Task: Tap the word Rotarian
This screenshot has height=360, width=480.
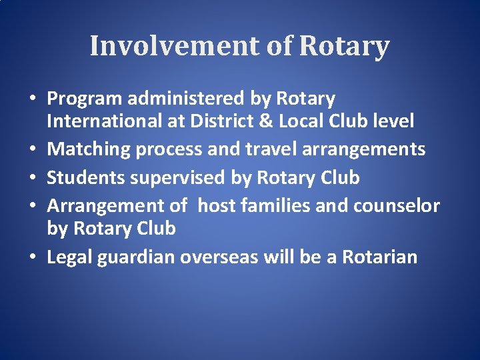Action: pos(379,257)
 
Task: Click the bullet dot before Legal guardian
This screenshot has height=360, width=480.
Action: pos(33,257)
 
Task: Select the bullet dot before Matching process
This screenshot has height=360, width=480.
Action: pos(33,150)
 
